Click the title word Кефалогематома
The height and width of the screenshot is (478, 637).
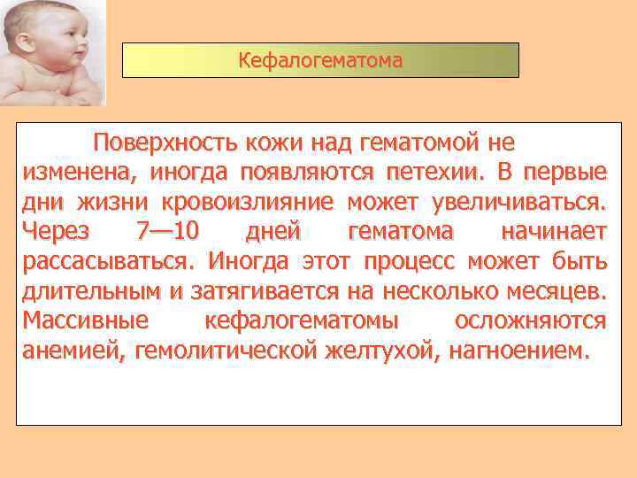point(319,61)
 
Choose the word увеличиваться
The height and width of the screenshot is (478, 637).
point(519,201)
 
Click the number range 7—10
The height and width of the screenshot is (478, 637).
point(169,231)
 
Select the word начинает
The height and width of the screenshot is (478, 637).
point(554,231)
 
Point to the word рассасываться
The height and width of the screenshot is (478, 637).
point(105,261)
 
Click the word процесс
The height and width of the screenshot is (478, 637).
point(406,261)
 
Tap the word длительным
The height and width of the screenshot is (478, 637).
point(87,290)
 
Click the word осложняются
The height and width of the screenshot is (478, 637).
point(530,320)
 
